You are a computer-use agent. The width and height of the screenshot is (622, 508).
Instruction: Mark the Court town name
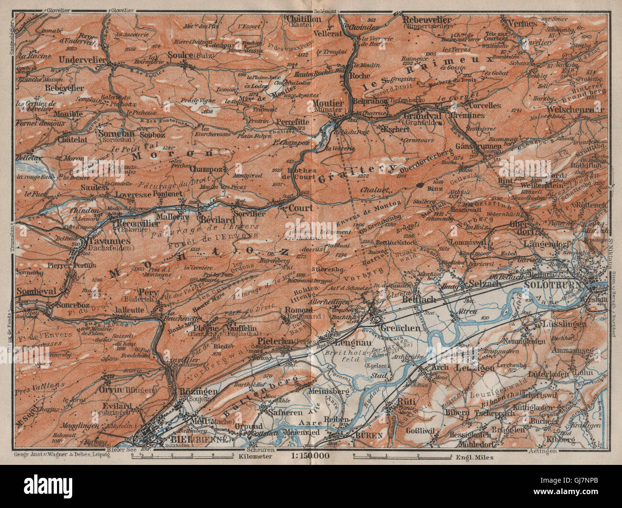pyautogui.click(x=300, y=208)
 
